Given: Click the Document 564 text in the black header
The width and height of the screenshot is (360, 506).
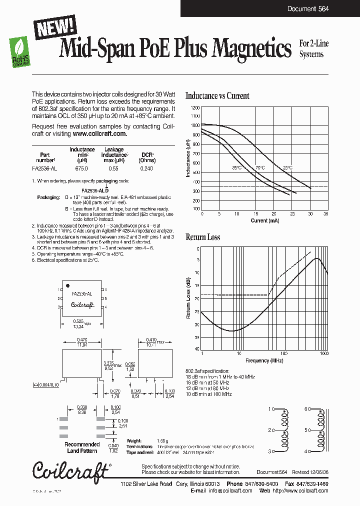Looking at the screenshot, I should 307,8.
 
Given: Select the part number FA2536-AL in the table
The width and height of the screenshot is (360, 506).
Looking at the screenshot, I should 45,169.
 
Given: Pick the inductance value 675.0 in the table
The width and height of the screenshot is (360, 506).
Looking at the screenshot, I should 81,169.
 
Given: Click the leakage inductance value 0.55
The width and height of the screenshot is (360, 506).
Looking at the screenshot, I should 113,169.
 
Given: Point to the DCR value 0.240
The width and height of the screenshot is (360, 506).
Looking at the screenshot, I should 146,169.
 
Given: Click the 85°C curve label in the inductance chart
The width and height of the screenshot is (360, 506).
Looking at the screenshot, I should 236,168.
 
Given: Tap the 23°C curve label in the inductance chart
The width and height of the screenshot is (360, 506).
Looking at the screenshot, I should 287,168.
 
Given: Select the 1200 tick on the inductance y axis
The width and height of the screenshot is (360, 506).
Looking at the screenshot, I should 195,107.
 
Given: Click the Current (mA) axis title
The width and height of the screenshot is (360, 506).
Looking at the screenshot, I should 265,220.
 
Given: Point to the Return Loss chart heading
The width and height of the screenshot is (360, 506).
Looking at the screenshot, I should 203,237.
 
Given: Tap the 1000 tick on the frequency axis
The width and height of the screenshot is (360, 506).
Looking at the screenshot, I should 324,353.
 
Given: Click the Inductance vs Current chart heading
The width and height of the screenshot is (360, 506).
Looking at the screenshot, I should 217,96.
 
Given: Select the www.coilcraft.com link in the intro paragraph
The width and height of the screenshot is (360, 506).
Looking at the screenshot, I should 99,134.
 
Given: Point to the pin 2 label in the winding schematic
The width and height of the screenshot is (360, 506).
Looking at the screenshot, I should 269,430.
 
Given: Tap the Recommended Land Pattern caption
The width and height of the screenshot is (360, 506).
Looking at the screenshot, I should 82,447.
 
